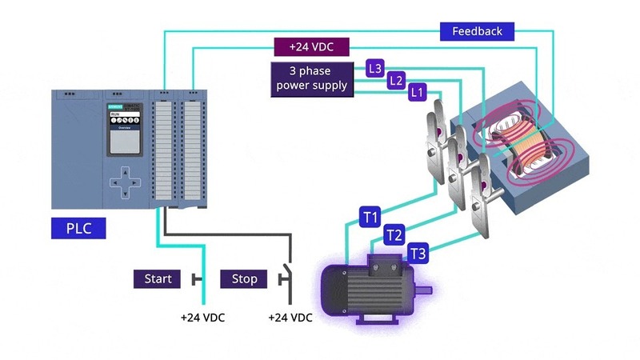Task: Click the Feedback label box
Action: coord(477,31)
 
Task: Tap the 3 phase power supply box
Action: coord(311,78)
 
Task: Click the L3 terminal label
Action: coord(375,68)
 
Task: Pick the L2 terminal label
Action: coord(395,80)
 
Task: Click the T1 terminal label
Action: coord(370,216)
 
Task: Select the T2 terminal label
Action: coord(394,235)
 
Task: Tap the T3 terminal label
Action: coord(418,254)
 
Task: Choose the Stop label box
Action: coord(244,278)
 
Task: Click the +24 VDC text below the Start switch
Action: coord(202,318)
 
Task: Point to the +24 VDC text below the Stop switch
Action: coord(290,318)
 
